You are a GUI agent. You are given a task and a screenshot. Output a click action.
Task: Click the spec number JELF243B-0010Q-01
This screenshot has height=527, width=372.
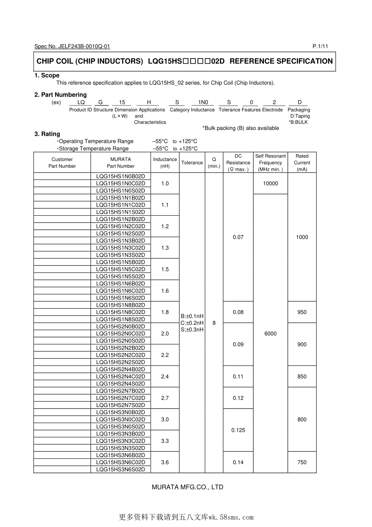pos(84,46)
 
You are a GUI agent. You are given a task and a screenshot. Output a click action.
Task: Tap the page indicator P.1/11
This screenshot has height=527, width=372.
pos(320,46)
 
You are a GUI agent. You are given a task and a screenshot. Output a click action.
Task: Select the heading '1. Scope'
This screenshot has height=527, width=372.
pos(47,75)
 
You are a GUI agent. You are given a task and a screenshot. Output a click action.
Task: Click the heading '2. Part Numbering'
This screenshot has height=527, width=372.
pos(60,94)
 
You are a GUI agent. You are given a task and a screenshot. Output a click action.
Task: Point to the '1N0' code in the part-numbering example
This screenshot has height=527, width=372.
pos(203,102)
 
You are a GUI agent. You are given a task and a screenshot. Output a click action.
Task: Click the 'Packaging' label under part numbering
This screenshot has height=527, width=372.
pos(299,110)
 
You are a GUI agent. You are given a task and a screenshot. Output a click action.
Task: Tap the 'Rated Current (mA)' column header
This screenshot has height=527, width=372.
pos(302,162)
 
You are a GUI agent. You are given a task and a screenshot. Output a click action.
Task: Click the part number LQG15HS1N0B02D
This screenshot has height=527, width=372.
pos(121,176)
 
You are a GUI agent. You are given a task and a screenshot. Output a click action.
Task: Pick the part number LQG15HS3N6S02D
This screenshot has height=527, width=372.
pos(121,469)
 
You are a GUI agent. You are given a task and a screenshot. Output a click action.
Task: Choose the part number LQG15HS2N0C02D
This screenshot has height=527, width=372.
pos(121,334)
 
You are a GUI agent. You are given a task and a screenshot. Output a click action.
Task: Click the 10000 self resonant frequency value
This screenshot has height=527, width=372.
pos(270,184)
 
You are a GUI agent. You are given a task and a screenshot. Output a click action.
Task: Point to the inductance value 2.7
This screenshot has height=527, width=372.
pos(165,398)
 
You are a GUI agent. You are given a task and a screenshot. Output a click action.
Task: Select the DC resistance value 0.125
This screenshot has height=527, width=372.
pos(238,430)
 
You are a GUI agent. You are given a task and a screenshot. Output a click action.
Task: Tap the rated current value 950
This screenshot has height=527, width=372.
pos(302,312)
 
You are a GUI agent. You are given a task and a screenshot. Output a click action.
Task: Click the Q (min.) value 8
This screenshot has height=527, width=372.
pos(214,323)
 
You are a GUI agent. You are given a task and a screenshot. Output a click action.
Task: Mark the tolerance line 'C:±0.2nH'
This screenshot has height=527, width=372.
pos(192,323)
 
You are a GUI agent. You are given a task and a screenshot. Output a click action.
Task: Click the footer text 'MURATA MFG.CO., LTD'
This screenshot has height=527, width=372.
pos(187,487)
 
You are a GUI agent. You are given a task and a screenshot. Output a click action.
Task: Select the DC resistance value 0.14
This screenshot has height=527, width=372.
pos(238,462)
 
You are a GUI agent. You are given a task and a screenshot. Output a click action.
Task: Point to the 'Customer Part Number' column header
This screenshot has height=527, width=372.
pos(62,163)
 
